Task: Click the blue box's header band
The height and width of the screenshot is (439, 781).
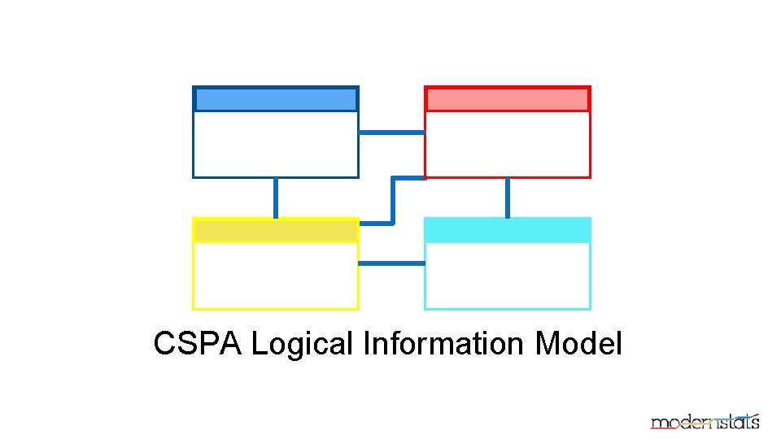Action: point(276,99)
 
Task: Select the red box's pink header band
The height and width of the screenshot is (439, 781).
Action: point(508,99)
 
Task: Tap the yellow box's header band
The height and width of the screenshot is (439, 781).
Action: point(276,231)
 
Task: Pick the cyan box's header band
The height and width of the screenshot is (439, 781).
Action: point(508,231)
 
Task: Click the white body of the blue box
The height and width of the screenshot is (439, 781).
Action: point(276,144)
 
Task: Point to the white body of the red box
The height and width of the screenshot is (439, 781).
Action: point(508,144)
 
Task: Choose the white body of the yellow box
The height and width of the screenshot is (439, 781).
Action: point(276,276)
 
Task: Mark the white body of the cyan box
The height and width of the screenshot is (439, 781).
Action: point(508,276)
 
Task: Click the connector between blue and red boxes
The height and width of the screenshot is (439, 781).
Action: point(391,132)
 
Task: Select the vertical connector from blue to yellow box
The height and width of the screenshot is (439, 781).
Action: point(276,198)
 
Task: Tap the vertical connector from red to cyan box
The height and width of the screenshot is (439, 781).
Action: point(508,198)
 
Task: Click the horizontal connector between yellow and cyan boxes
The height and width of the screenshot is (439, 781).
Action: point(391,263)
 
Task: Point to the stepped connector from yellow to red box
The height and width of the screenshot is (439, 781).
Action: point(393,200)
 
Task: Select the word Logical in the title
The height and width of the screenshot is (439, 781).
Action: point(302,344)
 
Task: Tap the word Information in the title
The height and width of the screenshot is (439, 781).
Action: point(444,344)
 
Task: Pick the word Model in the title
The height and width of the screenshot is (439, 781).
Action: point(578,344)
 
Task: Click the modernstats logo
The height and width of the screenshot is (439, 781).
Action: point(705,420)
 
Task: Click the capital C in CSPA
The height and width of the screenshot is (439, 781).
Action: point(164,344)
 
